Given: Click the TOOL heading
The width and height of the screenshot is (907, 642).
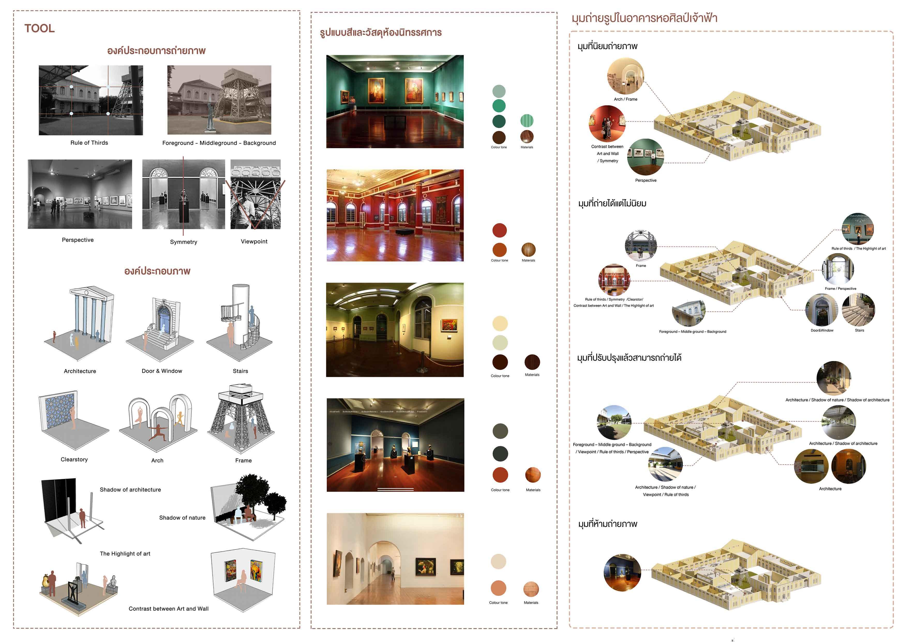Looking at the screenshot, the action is point(40,28).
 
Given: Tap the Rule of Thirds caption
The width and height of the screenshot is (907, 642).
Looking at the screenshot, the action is point(89,143).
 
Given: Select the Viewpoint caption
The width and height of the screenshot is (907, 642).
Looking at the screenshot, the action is point(254,242).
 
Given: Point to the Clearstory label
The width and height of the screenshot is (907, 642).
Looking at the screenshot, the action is point(74,459).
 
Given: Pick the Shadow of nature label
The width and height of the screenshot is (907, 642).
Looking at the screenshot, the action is point(182,518).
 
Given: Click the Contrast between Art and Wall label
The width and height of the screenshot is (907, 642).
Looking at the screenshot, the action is point(169,609).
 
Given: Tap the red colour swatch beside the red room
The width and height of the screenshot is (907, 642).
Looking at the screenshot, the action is point(499,230).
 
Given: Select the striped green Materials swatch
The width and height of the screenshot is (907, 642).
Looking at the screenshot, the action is point(527,121).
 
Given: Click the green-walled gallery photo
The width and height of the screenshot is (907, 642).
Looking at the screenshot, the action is point(395,101).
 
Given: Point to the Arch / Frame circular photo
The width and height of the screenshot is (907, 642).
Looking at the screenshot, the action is point(625,77).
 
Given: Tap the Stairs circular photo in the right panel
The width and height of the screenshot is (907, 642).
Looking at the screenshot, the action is point(858,310).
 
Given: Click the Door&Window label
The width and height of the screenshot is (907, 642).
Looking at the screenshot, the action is point(822,331).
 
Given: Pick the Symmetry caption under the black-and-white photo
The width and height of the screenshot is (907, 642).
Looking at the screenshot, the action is point(183,242).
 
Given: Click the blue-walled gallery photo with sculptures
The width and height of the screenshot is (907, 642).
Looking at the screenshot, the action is point(395,445).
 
